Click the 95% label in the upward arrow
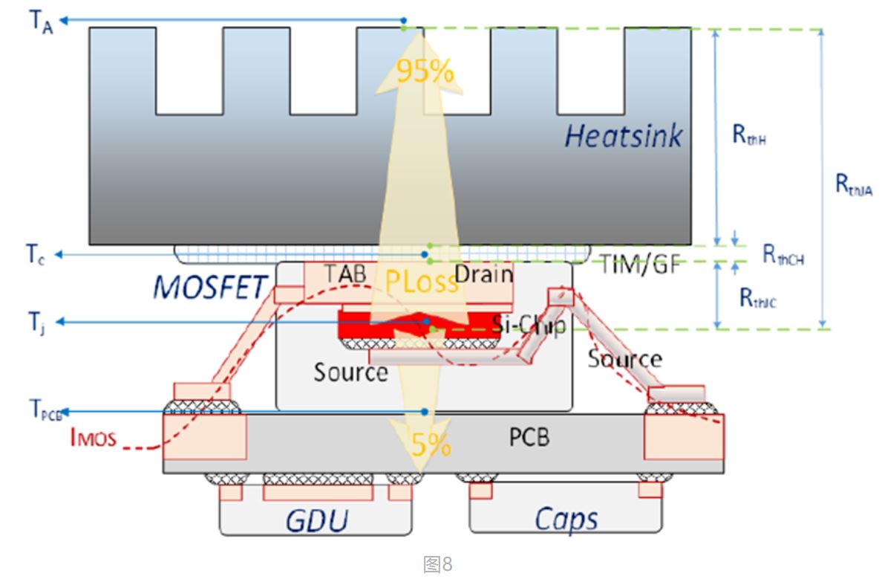pyautogui.click(x=425, y=71)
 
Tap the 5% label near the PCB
pyautogui.click(x=431, y=444)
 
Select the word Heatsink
pyautogui.click(x=623, y=136)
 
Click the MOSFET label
pyautogui.click(x=210, y=287)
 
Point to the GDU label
pyautogui.click(x=317, y=520)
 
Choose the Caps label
pyautogui.click(x=566, y=518)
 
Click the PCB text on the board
pyautogui.click(x=529, y=436)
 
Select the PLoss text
pyautogui.click(x=421, y=282)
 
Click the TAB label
pyautogui.click(x=346, y=274)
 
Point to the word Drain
pyautogui.click(x=483, y=274)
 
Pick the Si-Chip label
pyautogui.click(x=529, y=324)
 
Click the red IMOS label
pyautogui.click(x=93, y=438)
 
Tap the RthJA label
pyautogui.click(x=854, y=186)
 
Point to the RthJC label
pyautogui.click(x=757, y=298)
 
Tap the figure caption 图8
pyautogui.click(x=437, y=564)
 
